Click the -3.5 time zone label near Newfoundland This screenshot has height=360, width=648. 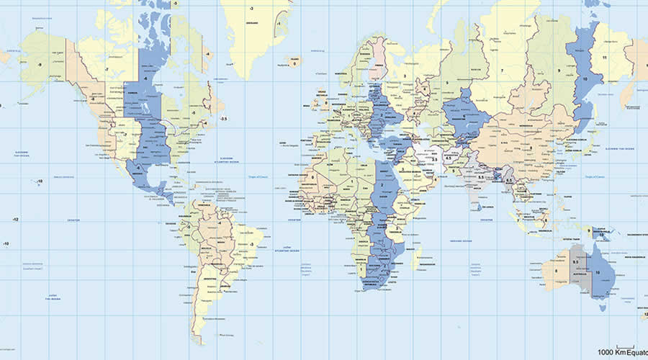[224, 118]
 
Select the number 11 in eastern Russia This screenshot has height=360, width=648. [605, 58]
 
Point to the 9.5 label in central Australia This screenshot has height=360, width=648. [576, 261]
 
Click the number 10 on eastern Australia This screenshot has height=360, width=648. [597, 272]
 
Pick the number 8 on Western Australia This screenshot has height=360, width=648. [556, 271]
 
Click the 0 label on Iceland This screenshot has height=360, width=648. [292, 63]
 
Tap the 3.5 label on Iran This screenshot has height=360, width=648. [434, 160]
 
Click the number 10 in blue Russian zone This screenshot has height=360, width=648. [583, 78]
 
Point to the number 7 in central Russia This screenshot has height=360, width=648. [501, 71]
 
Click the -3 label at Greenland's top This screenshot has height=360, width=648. [251, 8]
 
